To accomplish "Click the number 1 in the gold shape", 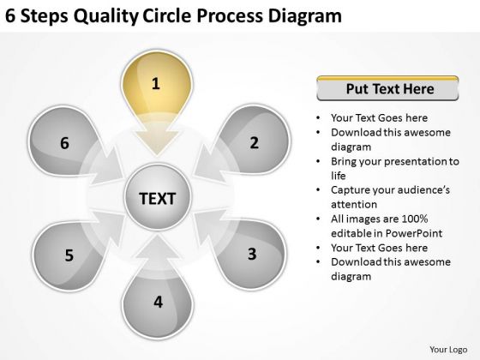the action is [156, 84].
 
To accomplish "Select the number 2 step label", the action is [254, 142].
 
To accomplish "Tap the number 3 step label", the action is [252, 254].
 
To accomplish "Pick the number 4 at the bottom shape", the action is [158, 302].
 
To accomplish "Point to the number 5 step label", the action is [69, 255].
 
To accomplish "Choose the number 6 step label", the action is [64, 143].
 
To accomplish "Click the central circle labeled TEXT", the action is [158, 197].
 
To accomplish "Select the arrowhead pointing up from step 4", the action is [158, 247].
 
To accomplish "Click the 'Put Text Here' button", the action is [387, 88].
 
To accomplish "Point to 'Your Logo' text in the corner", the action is [448, 350].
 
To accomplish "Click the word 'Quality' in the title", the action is [106, 16].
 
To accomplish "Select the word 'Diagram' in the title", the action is [305, 16].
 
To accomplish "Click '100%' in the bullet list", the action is [415, 219].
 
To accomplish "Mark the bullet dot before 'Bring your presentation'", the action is [318, 161].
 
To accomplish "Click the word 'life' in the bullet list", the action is [339, 176].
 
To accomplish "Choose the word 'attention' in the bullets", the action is [354, 205].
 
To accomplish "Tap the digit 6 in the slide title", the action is [10, 16].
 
